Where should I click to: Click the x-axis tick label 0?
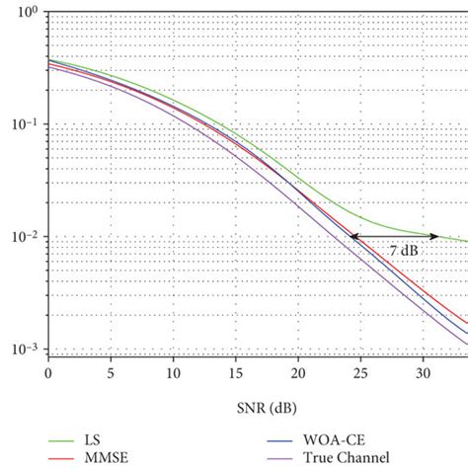pos(47,374)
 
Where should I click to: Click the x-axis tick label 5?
pos(111,374)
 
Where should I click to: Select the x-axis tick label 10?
pos(173,374)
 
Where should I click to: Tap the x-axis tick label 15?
pos(235,374)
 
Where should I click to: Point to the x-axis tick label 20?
pos(298,374)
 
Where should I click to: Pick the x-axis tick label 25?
pos(360,374)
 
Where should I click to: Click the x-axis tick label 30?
pos(423,374)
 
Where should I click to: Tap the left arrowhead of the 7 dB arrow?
pos(352,236)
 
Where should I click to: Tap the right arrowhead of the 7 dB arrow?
pos(437,236)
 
